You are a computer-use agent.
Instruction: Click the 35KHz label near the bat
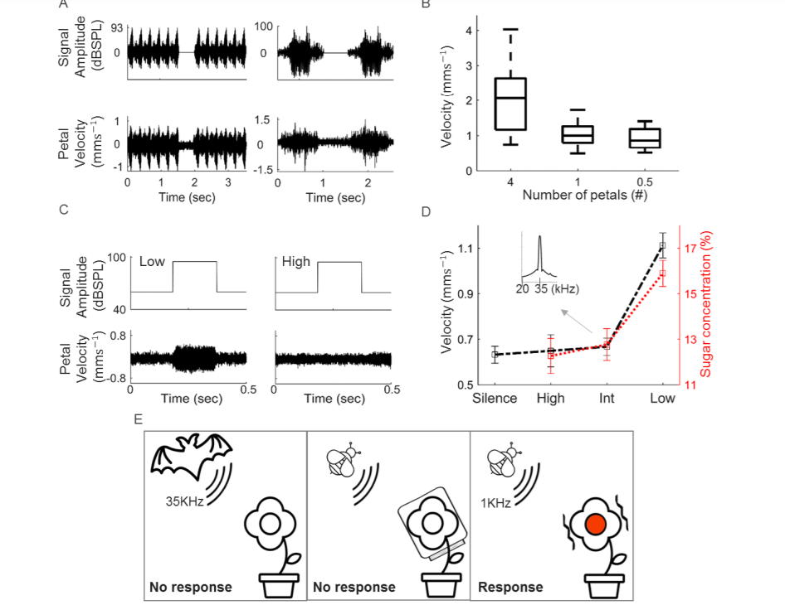point(185,501)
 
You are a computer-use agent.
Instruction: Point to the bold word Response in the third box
point(511,588)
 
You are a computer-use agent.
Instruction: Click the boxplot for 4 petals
point(510,104)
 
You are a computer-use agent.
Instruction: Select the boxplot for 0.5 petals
point(644,138)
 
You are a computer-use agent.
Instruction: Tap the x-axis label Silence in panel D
point(495,399)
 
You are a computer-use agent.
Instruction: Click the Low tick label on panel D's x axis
point(663,399)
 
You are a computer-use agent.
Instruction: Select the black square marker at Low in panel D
point(662,246)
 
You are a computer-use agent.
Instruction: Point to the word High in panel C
point(295,262)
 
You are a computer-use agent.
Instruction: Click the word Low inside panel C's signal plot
point(152,262)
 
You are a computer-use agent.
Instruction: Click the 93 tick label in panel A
point(117,28)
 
